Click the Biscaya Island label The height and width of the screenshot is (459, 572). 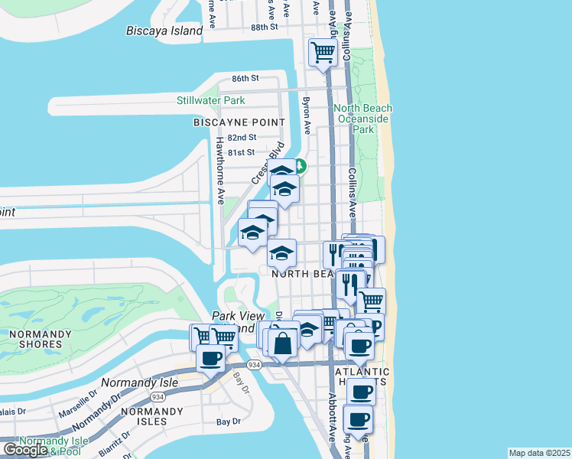click(x=164, y=31)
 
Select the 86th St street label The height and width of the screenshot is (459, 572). click(x=246, y=78)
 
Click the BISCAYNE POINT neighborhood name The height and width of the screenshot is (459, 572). click(x=239, y=122)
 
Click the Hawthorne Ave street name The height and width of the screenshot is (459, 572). click(x=220, y=171)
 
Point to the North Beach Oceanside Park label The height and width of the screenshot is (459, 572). click(x=362, y=119)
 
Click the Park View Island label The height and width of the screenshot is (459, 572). click(x=237, y=321)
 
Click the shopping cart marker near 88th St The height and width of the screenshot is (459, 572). click(x=323, y=53)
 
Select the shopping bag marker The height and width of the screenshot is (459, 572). click(x=283, y=343)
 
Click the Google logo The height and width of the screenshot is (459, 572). click(x=25, y=449)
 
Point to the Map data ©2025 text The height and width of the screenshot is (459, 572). click(x=539, y=453)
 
